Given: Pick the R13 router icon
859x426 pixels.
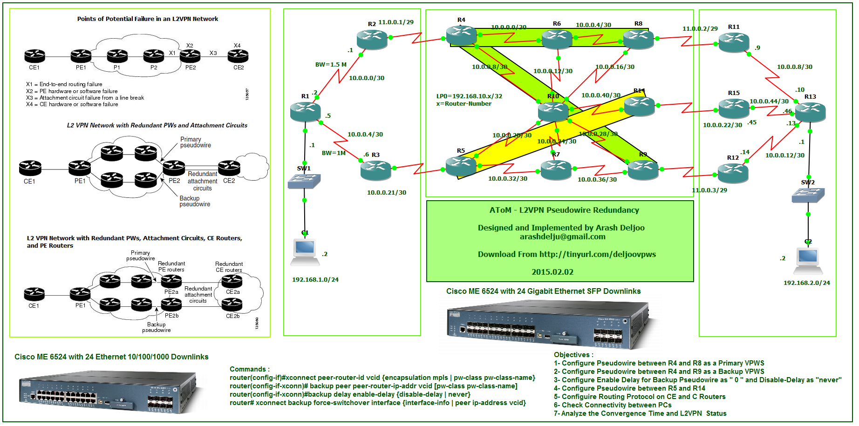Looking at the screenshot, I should pos(810,112).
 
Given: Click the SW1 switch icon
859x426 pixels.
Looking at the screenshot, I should pos(304,181).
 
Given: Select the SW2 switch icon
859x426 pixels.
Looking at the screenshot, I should pos(808,195).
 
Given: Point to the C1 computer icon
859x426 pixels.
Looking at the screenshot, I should pos(305,252).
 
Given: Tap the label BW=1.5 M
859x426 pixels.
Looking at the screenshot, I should pos(331,65).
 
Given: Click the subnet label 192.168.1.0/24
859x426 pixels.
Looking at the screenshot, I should pos(315,280).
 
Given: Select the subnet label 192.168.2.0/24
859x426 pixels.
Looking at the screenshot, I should pos(807,283).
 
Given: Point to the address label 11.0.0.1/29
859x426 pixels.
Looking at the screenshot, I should pos(396,22).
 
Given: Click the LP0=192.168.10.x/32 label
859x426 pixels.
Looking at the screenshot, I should pos(469,96).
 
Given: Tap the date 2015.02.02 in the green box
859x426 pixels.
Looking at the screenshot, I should pos(552,272).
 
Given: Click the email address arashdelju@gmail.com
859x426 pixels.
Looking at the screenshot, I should pos(563,237).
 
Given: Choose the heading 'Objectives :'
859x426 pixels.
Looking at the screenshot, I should pos(573,355).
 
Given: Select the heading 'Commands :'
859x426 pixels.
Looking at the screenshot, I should pos(249,369).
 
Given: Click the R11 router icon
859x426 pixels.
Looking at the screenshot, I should pos(734,42).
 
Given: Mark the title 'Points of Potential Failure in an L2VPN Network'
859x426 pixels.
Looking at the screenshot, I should pos(148,19).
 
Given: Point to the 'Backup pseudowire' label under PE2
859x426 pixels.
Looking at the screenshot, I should pos(195,201).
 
